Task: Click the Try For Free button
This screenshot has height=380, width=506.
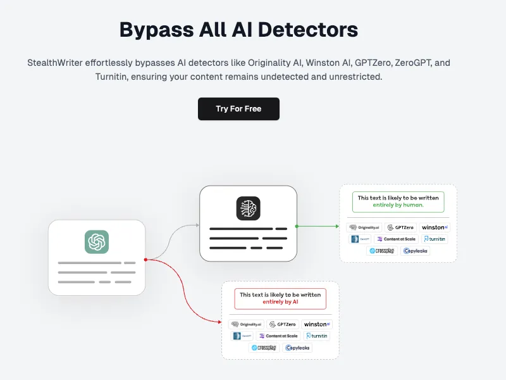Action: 238,109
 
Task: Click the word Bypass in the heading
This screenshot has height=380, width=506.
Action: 154,29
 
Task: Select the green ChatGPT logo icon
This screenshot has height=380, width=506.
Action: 97,242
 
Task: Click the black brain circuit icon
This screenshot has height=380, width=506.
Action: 248,208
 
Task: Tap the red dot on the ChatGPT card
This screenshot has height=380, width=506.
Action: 145,259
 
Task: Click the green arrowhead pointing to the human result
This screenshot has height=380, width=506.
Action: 335,225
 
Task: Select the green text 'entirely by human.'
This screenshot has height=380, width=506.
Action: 398,205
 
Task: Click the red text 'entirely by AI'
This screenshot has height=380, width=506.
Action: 280,302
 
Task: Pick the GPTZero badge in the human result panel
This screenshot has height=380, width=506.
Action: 400,227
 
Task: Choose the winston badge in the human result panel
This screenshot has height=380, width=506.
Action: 435,227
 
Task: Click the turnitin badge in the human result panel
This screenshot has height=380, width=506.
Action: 435,239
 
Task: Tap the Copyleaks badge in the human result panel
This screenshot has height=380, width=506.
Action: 416,251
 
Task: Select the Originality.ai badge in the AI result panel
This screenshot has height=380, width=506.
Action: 244,324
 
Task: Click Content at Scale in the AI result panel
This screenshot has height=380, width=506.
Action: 278,336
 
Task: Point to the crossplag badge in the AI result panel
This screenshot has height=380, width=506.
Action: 264,348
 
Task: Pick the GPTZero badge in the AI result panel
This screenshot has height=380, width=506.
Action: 282,324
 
